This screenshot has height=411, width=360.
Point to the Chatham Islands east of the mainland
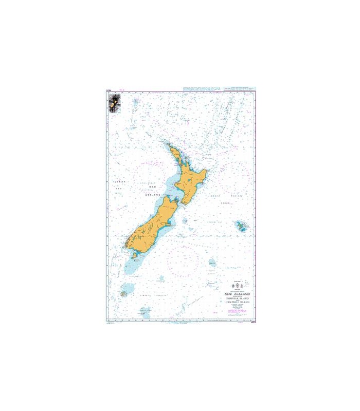240,226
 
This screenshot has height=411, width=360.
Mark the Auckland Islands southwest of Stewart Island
124,294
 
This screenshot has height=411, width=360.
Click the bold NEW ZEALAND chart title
236,295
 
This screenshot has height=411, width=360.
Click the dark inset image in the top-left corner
112,104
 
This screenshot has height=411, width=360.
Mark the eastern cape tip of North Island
207,171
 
